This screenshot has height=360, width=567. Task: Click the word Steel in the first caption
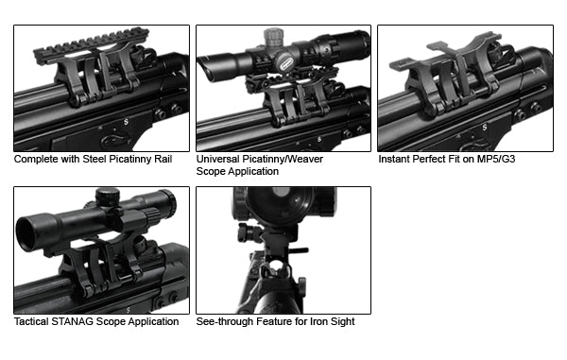(94, 159)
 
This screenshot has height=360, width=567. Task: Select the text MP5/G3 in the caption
(496, 159)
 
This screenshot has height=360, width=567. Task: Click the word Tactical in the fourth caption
(31, 321)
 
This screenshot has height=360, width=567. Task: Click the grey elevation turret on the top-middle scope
(274, 37)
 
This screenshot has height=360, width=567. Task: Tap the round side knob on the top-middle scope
(284, 61)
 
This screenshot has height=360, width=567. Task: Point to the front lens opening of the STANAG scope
(26, 233)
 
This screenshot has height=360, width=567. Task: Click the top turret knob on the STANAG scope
(108, 197)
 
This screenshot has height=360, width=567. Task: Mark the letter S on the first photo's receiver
(126, 122)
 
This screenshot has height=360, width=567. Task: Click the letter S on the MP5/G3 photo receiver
(485, 128)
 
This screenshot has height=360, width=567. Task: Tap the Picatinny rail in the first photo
(91, 45)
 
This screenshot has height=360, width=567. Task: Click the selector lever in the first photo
(115, 140)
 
